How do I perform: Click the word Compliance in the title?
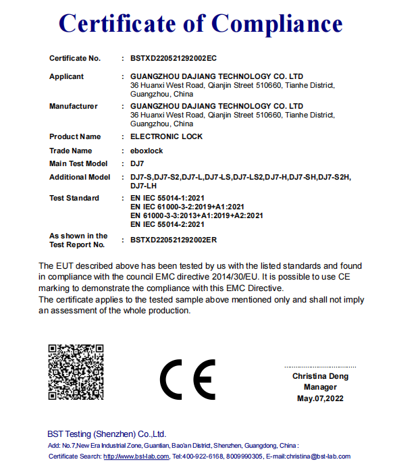click(277, 24)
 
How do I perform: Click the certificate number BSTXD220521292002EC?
click(173, 59)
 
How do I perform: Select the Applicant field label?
click(67, 77)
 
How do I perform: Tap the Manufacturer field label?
click(74, 107)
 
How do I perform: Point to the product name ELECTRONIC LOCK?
click(165, 137)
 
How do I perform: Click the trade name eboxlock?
click(147, 151)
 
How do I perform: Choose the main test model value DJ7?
click(138, 164)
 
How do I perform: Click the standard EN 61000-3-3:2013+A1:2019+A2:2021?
click(197, 216)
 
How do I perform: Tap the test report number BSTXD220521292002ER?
click(173, 240)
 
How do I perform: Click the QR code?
click(76, 373)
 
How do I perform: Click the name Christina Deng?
click(320, 376)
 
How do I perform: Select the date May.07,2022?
click(320, 399)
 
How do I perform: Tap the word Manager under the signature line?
click(320, 388)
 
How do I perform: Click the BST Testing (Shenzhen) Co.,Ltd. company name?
click(107, 434)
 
